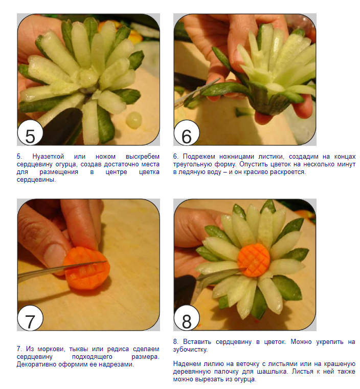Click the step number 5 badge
[30, 134]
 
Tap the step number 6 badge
[187, 134]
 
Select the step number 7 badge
[30, 318]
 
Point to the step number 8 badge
[187, 318]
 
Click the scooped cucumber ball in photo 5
[134, 120]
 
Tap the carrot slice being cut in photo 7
[87, 268]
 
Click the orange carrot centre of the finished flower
[254, 260]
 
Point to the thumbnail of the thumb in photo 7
[55, 255]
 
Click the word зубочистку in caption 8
[190, 350]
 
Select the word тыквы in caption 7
[79, 349]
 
